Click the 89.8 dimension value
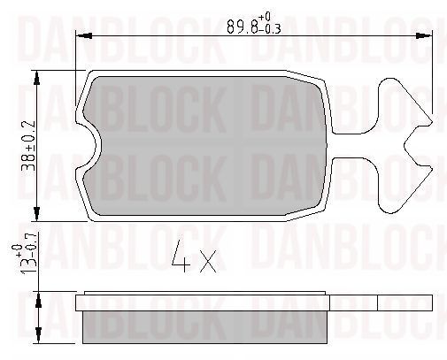(242, 26)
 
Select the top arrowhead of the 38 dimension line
(38, 76)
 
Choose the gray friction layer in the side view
(205, 327)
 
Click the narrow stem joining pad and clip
(354, 147)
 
